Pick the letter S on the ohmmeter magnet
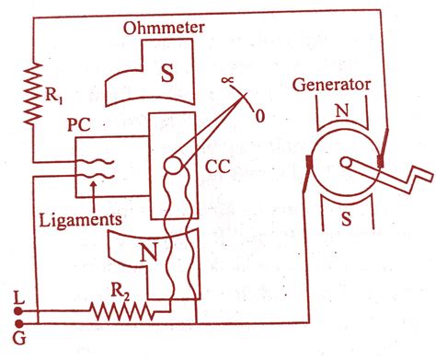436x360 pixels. pos(167,74)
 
